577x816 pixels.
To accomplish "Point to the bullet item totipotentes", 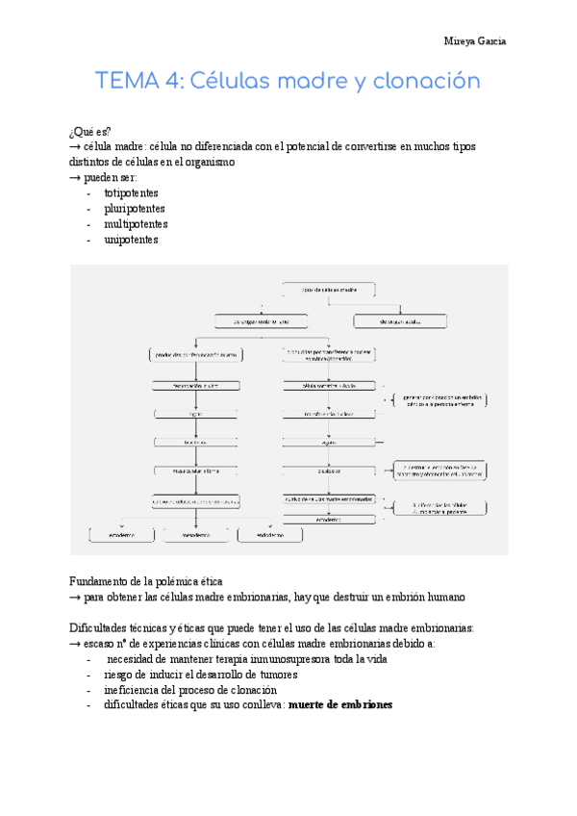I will click(132, 192).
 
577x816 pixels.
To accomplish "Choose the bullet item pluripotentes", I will click(134, 208).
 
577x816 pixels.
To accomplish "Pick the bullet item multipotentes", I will click(136, 224).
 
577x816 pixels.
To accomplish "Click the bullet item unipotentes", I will click(132, 240).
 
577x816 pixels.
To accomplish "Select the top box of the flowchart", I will click(329, 288).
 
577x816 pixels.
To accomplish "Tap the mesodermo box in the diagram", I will click(195, 533).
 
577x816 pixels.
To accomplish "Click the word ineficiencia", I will click(136, 690).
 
